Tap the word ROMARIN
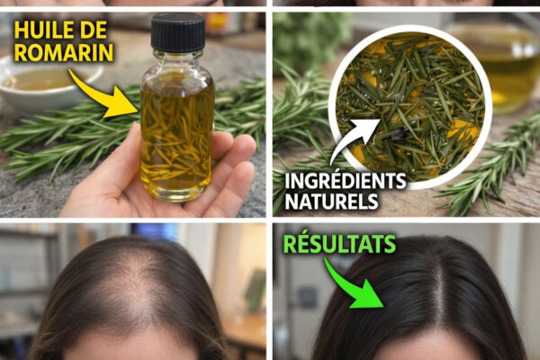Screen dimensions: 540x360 [x=64, y=53]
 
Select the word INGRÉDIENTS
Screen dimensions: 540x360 [x=345, y=181]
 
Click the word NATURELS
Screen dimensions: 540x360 [x=331, y=202]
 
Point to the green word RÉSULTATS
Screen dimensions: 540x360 [x=339, y=244]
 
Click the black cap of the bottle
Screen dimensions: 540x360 [x=178, y=32]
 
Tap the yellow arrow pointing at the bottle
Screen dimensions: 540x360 [x=103, y=94]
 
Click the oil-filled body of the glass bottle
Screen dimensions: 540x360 [x=176, y=138]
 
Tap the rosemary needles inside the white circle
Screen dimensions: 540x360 [x=409, y=107]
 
